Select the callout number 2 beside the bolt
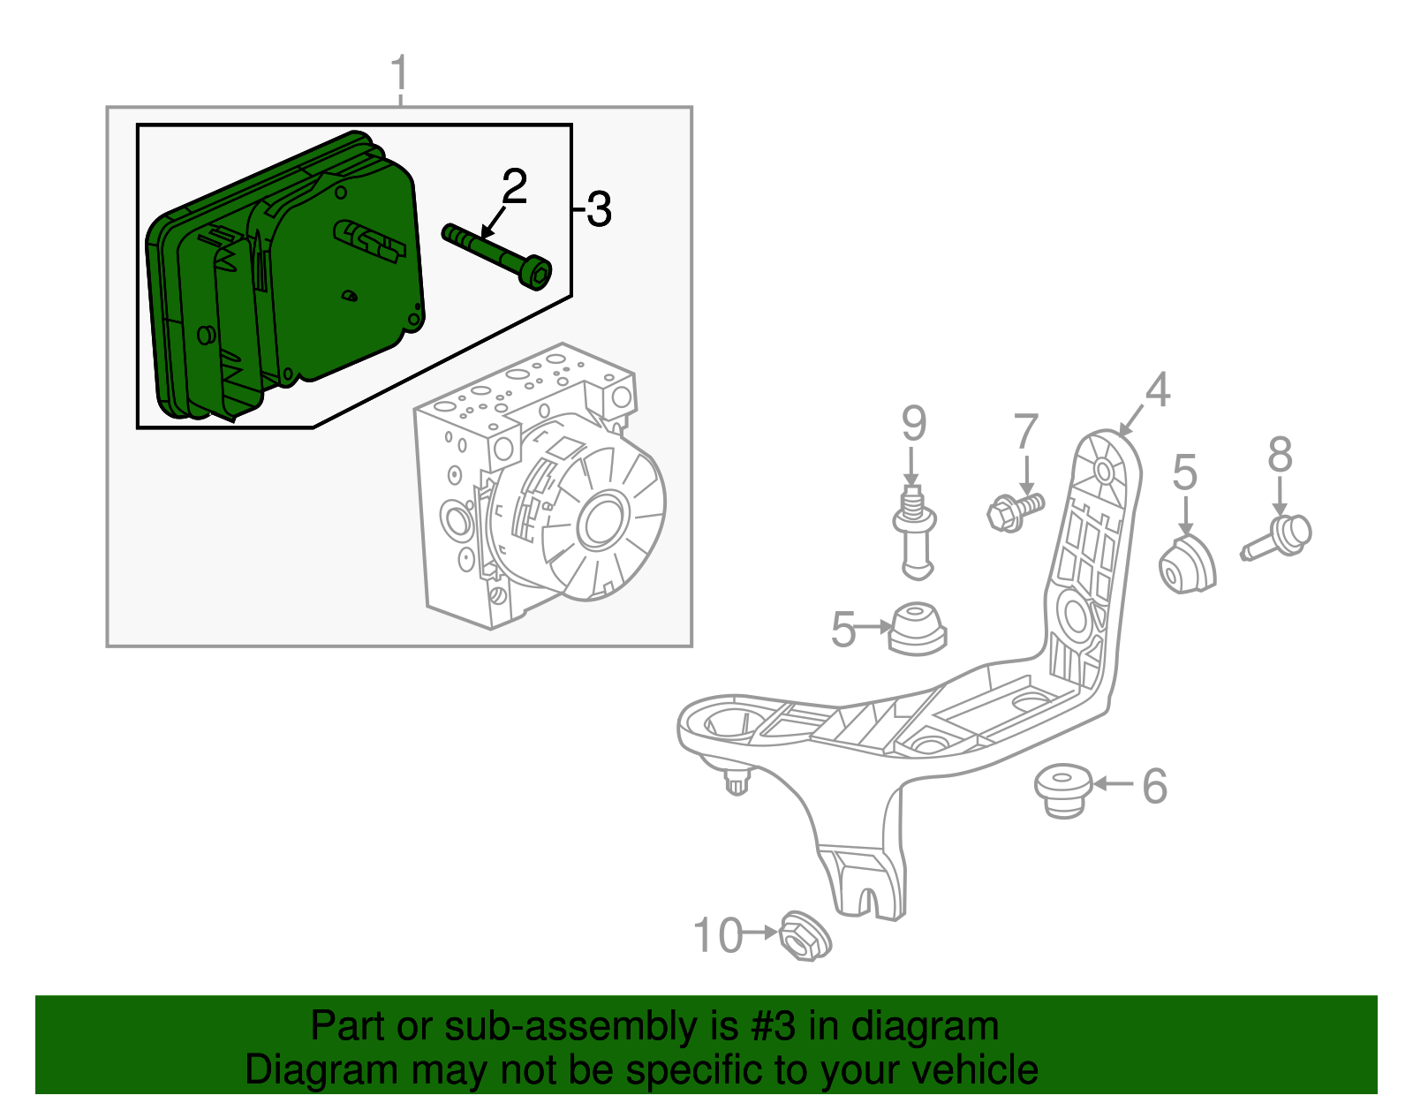514,186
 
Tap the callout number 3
599,210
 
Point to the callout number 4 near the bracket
1157,390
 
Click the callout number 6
1154,785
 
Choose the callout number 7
1025,432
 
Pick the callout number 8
1280,456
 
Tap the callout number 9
914,424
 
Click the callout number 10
717,935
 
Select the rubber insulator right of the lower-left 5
917,628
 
